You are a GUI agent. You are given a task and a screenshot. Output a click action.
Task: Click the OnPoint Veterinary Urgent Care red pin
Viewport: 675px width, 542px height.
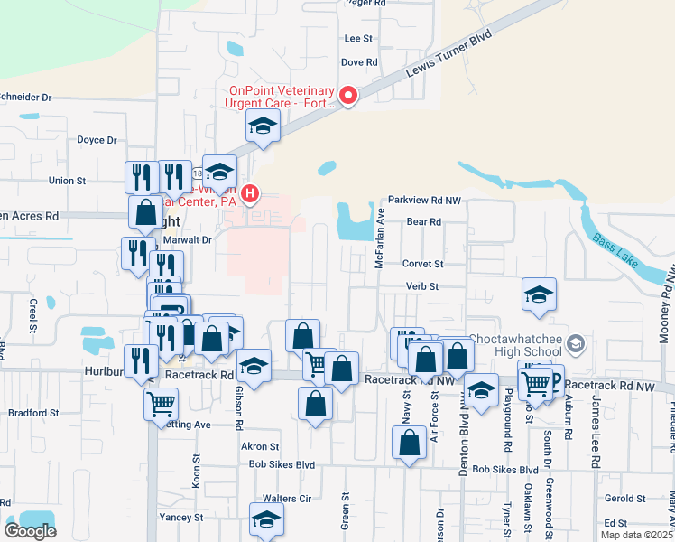click(x=347, y=96)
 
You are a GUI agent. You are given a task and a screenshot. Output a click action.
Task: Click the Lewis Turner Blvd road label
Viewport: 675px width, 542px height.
click(x=444, y=59)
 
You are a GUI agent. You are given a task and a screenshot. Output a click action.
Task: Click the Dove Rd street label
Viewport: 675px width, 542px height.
click(x=358, y=62)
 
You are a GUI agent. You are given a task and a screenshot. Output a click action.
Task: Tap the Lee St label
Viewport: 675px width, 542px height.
click(x=358, y=39)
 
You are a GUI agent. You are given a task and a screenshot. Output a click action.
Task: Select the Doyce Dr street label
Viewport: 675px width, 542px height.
click(x=97, y=140)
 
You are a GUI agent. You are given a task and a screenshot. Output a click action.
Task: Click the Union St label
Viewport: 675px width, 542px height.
click(x=67, y=181)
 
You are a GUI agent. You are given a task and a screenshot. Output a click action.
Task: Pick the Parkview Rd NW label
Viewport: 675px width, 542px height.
click(x=424, y=200)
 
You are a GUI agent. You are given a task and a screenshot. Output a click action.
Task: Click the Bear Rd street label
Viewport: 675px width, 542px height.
click(x=423, y=221)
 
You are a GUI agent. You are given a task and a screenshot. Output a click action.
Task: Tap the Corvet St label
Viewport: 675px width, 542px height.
click(x=423, y=264)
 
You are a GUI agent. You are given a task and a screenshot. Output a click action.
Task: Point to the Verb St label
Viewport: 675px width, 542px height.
click(x=421, y=286)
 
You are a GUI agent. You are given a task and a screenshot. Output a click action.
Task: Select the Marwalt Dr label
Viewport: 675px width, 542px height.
click(x=187, y=240)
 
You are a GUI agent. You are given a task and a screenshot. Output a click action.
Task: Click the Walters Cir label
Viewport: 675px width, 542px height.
click(x=286, y=498)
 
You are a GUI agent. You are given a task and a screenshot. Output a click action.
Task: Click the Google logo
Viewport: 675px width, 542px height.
click(x=30, y=531)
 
